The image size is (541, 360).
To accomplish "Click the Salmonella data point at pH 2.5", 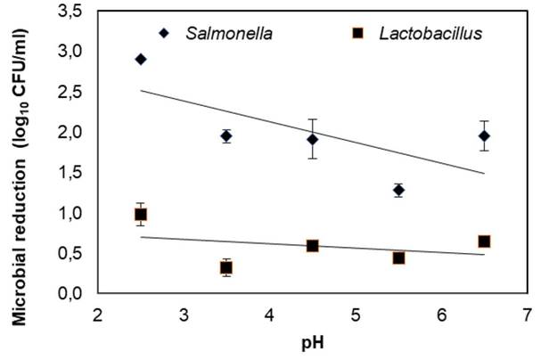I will (x=141, y=59).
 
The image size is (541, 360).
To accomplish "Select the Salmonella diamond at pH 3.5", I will (x=226, y=135).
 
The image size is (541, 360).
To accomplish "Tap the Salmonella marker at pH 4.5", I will (x=313, y=139).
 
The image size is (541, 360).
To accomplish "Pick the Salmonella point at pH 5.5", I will (x=398, y=190).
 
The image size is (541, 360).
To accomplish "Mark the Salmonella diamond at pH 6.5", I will (x=484, y=135).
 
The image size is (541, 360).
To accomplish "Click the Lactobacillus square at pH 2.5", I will (x=141, y=214).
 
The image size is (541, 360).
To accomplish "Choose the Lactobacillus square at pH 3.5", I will (x=226, y=267).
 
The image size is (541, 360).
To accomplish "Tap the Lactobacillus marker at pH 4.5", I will (x=313, y=245).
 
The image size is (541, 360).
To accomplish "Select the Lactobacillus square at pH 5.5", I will (x=398, y=258).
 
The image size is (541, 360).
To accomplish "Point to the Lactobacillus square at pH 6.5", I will (x=484, y=241).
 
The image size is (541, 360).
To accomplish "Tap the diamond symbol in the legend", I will (x=163, y=34).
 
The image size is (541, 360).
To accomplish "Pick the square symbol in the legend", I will (x=357, y=34).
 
